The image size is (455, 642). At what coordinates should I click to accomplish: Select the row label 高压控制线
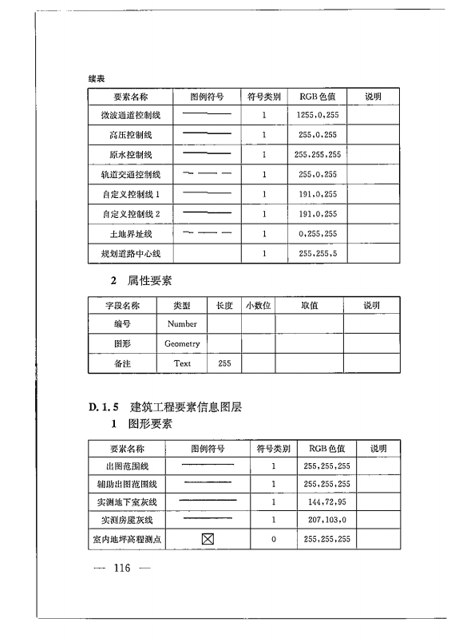point(131,135)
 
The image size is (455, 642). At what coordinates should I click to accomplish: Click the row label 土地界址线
point(131,235)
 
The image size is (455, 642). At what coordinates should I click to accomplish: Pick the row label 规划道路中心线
point(131,254)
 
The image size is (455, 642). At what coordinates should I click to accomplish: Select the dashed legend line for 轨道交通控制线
point(207,173)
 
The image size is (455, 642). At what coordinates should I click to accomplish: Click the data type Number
point(182,324)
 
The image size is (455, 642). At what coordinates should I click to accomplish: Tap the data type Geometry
point(182,343)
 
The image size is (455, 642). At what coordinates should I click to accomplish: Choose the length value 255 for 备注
point(224,363)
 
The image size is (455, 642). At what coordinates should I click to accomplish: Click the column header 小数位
point(259,305)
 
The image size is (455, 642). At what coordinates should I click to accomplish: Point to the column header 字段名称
point(122,305)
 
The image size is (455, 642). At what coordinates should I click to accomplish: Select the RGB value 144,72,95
point(327,502)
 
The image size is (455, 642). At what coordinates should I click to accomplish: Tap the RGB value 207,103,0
point(327,521)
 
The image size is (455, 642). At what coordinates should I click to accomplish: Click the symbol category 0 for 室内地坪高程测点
point(273,540)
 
